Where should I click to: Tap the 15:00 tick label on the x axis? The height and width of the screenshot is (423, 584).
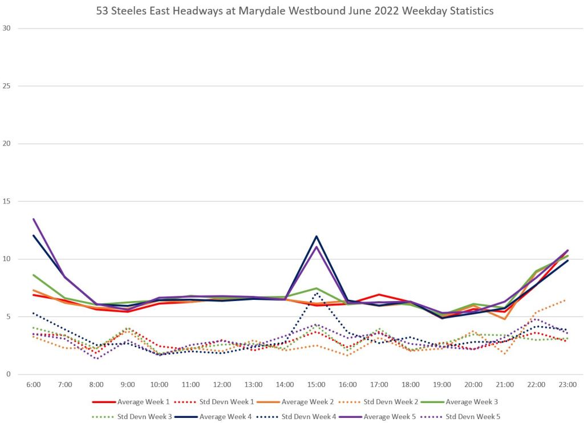pos(316,385)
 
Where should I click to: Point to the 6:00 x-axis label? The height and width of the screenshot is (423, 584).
pos(34,385)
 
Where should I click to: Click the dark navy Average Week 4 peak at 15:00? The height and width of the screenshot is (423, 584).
pos(316,236)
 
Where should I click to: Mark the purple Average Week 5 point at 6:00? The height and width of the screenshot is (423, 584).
pos(34,219)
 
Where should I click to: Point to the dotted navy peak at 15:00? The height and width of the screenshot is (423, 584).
pos(316,293)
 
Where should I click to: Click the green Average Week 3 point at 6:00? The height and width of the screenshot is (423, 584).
pos(34,275)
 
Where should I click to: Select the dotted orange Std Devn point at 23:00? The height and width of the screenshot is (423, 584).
pos(565,300)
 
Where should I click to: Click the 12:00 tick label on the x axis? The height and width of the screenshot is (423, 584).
pos(222,385)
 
